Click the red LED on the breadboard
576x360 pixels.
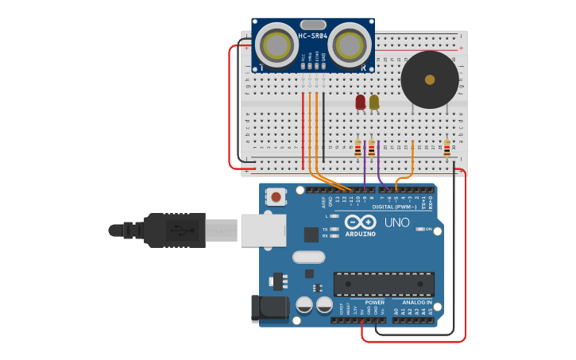click(361, 102)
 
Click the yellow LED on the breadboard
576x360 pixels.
click(374, 102)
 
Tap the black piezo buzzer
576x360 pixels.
click(430, 79)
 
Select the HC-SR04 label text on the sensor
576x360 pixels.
click(313, 36)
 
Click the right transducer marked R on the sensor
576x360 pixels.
click(350, 45)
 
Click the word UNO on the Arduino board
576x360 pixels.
click(396, 223)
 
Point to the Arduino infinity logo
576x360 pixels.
click(360, 222)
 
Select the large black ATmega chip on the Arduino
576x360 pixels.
click(384, 284)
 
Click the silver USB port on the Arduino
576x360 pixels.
click(262, 230)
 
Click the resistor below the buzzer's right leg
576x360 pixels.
click(446, 149)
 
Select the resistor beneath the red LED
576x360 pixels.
click(358, 149)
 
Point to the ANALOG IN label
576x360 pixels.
click(417, 302)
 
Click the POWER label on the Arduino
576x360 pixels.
click(374, 302)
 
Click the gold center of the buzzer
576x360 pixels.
click(430, 79)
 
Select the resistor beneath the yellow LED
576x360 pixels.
click(371, 149)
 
